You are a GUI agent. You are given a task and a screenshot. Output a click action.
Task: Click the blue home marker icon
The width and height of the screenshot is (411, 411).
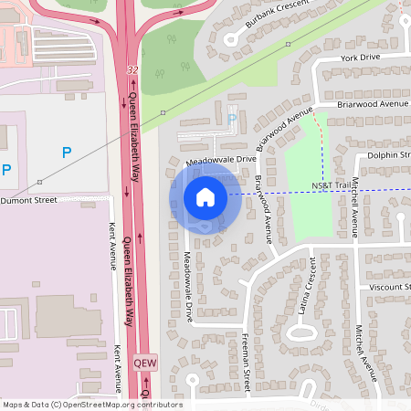click(205, 196)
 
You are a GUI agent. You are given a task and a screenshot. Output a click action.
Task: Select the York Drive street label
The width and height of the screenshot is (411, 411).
click(359, 58)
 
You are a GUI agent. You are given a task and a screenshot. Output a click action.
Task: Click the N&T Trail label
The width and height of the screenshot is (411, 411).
click(331, 185)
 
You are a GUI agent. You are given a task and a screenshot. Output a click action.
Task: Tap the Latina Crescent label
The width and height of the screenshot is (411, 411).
click(304, 296)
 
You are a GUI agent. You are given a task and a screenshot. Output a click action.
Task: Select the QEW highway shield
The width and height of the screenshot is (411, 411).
click(145, 361)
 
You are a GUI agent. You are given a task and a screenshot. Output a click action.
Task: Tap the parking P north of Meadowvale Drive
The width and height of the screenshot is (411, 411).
click(231, 119)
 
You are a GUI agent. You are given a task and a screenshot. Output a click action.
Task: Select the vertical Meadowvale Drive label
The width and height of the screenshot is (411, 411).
click(187, 286)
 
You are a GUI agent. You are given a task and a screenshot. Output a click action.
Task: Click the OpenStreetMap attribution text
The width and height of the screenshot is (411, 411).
click(91, 405)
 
